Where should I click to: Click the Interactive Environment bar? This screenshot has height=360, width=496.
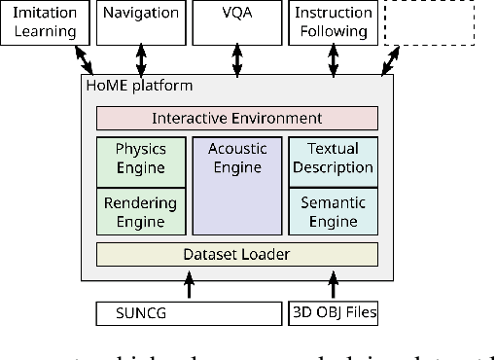click(236, 119)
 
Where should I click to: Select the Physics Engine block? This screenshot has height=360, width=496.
click(140, 159)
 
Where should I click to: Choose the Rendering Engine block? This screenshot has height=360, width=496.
click(140, 211)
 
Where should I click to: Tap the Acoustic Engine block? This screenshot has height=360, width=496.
click(236, 185)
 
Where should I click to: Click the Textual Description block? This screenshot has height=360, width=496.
click(333, 159)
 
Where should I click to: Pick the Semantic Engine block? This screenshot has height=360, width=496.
click(333, 211)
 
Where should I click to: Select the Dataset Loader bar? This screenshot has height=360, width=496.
click(236, 255)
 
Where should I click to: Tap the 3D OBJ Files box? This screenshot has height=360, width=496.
click(333, 313)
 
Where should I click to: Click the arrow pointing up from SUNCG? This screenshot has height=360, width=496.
click(189, 286)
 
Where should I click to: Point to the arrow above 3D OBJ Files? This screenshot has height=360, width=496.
click(333, 286)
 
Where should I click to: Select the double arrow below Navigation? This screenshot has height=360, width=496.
click(142, 58)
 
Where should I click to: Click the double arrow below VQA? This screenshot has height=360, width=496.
click(237, 58)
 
